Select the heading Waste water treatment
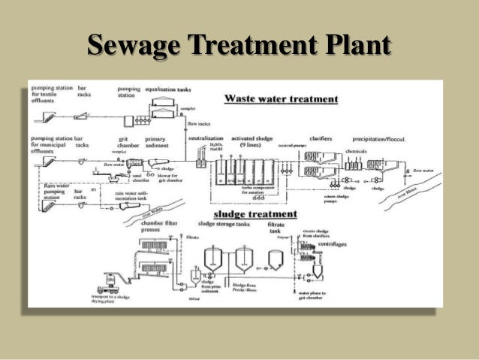[x=282, y=98]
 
